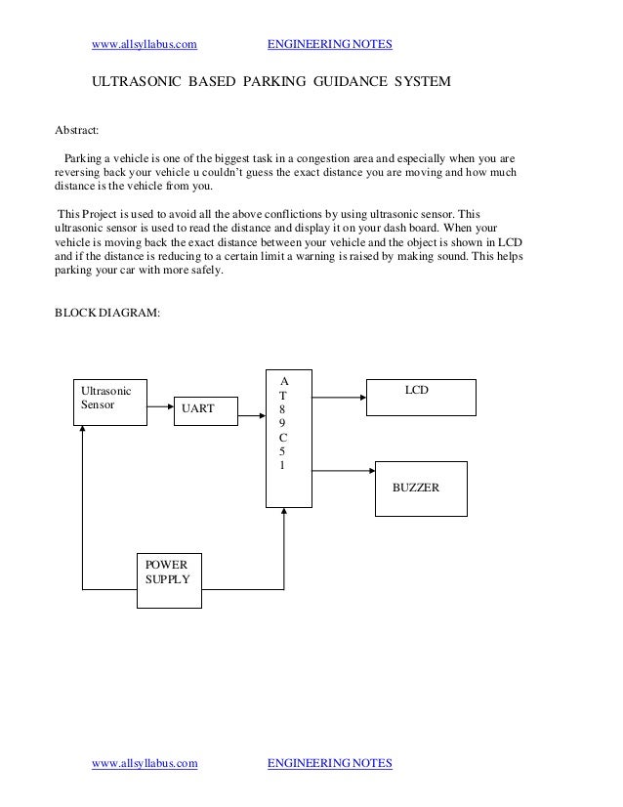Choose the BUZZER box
(421, 485)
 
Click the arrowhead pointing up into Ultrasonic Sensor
(84, 433)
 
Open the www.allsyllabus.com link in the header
(144, 44)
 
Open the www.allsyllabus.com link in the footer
(144, 762)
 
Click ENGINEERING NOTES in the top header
(329, 44)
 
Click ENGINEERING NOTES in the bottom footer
(329, 762)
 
